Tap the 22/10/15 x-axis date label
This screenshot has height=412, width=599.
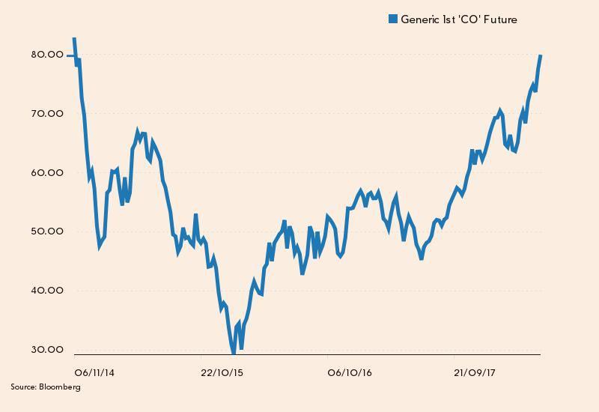(x=223, y=372)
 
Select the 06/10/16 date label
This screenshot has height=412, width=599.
(x=350, y=372)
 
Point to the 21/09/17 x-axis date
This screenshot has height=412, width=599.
(x=477, y=372)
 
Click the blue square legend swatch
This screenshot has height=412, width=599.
(x=393, y=19)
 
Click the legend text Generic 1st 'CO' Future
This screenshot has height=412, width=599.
(x=459, y=19)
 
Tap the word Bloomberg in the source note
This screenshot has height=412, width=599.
(x=60, y=387)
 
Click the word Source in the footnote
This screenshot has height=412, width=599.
(x=23, y=387)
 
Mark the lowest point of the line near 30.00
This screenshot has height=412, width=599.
(x=234, y=352)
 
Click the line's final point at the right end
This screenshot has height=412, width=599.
(x=541, y=56)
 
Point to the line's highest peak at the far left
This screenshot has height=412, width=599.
(x=73, y=37)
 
